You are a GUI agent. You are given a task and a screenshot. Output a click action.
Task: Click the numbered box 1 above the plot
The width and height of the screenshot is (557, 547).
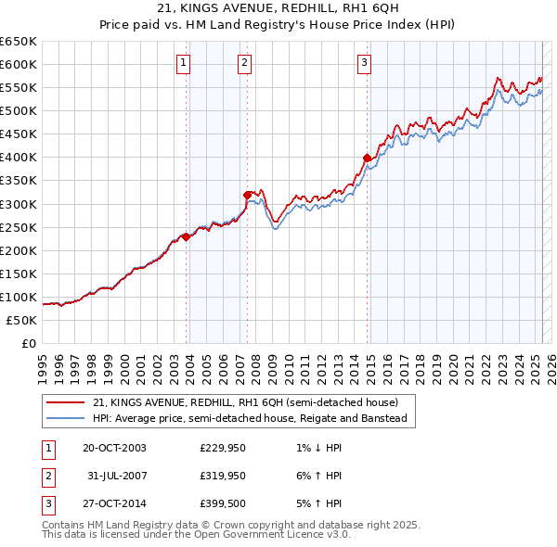pyautogui.click(x=184, y=63)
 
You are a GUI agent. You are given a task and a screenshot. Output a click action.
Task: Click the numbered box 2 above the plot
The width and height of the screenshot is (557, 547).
pyautogui.click(x=244, y=63)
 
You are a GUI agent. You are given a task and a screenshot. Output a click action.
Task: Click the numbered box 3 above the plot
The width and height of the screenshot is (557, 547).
pyautogui.click(x=364, y=63)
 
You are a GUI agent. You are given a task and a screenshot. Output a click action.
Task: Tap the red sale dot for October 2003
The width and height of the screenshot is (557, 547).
pyautogui.click(x=187, y=236)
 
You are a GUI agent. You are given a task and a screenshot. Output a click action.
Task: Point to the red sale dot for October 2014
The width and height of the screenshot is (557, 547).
pyautogui.click(x=368, y=158)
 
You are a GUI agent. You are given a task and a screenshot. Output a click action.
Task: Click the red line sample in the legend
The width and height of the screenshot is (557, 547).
pyautogui.click(x=65, y=402)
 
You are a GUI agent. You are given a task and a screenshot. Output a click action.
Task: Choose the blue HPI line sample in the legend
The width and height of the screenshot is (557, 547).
pyautogui.click(x=65, y=418)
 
